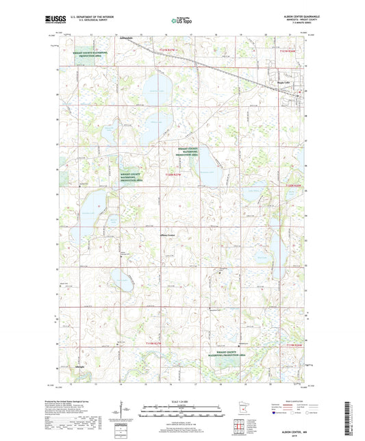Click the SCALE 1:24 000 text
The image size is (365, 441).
pos(182,400)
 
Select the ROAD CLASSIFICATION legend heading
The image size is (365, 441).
pos(299,402)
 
